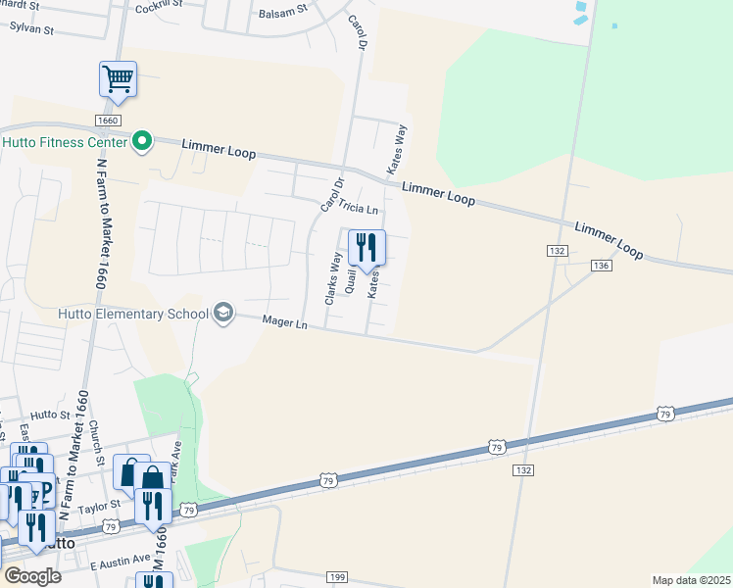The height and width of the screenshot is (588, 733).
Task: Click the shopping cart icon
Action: pyautogui.click(x=118, y=78)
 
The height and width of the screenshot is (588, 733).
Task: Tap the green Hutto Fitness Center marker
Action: pyautogui.click(x=142, y=143)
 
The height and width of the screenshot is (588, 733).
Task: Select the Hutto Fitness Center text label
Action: pyautogui.click(x=65, y=143)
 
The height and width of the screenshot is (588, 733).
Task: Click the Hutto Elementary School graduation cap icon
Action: pyautogui.click(x=223, y=313)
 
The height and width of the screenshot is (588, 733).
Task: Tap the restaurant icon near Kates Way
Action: pyautogui.click(x=366, y=247)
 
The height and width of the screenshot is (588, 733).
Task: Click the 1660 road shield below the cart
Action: pyautogui.click(x=108, y=120)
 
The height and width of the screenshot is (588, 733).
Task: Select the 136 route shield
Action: pyautogui.click(x=602, y=266)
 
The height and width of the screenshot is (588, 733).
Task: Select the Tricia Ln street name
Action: pyautogui.click(x=358, y=209)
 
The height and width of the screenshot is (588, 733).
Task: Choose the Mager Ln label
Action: pyautogui.click(x=286, y=321)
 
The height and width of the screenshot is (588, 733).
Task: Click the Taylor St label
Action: pyautogui.click(x=99, y=507)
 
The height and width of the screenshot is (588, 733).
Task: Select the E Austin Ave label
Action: pyautogui.click(x=120, y=562)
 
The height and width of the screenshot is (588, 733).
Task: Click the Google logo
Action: pyautogui.click(x=32, y=575)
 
